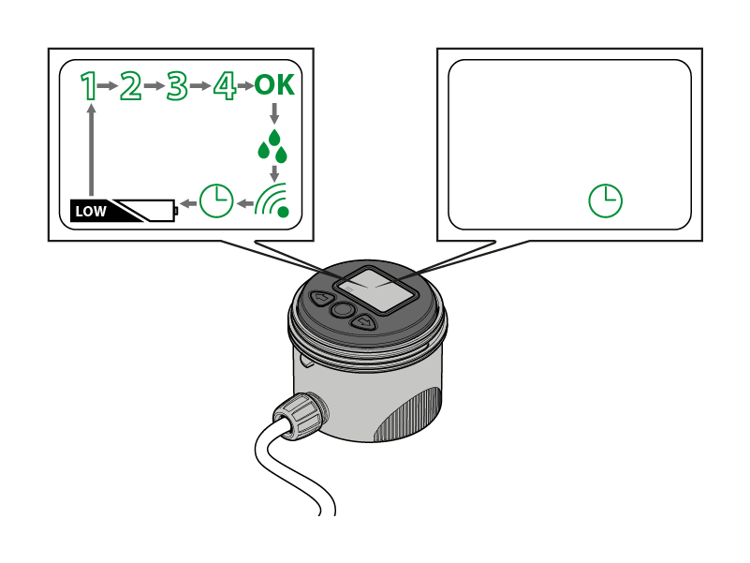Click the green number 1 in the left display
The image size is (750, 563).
click(x=89, y=86)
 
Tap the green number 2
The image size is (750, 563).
click(x=130, y=86)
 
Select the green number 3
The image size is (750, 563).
click(x=176, y=86)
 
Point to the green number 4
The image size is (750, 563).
click(x=223, y=86)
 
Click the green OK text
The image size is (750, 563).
click(x=274, y=86)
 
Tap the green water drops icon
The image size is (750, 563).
click(x=273, y=145)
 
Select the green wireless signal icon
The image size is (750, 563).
click(x=273, y=199)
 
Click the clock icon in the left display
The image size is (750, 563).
click(x=217, y=200)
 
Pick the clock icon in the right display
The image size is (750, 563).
click(x=606, y=200)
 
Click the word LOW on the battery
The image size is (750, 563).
click(x=91, y=211)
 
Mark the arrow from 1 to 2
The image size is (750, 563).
click(x=109, y=86)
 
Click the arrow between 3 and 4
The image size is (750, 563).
click(x=199, y=86)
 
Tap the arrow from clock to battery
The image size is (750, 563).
click(x=188, y=201)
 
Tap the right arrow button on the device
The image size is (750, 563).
click(x=363, y=323)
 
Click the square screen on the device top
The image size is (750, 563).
click(x=376, y=288)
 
